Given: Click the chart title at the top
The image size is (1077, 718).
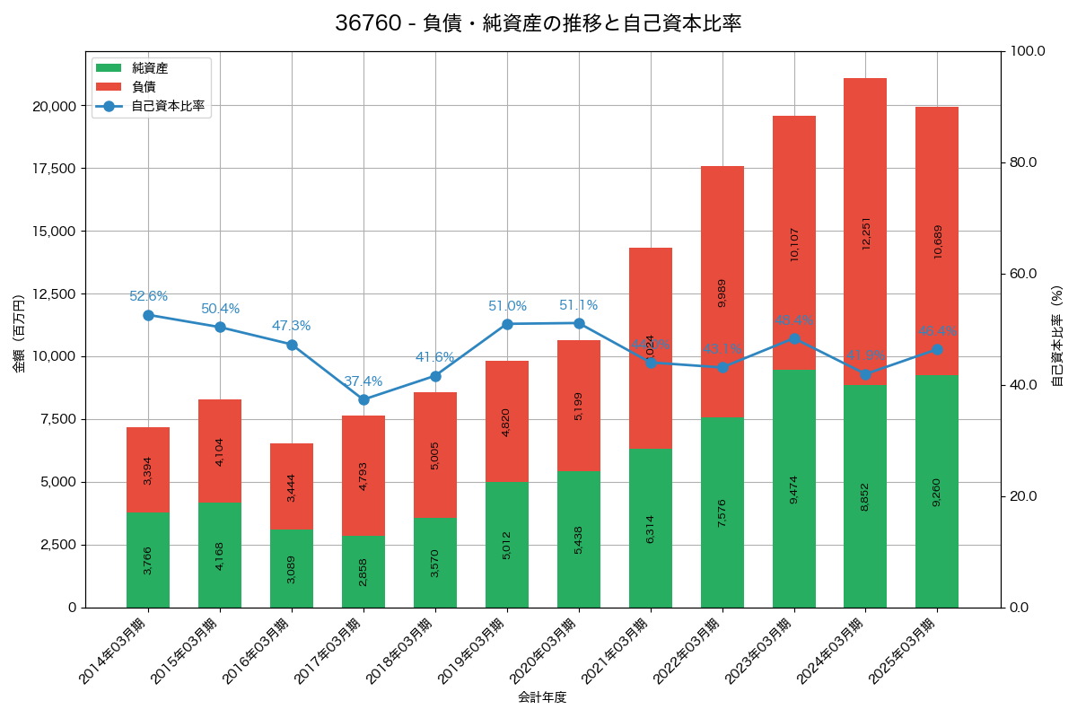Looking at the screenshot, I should tap(538, 24).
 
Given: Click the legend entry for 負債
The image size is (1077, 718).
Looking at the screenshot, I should tap(144, 87).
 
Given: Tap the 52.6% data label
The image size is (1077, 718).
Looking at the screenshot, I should tap(148, 296).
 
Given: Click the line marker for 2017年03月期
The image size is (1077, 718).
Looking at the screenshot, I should tap(363, 399).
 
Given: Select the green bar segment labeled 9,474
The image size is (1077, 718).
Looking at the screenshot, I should tap(793, 488).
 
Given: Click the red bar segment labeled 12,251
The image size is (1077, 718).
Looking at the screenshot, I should tap(865, 232).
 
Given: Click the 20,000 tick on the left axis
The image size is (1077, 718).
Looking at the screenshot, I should tap(53, 106).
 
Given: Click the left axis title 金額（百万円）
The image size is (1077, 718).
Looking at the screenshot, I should tap(19, 335).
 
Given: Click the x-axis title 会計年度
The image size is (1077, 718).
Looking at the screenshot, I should tap(542, 697).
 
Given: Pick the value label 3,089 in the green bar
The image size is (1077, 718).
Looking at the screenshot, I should tap(292, 569).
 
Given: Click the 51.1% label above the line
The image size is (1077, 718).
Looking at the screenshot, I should tap(578, 305).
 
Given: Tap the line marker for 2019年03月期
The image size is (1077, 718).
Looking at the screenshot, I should tap(507, 324).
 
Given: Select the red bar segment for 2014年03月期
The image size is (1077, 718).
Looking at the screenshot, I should tap(148, 469).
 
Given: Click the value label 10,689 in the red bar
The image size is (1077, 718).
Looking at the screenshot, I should tap(937, 241).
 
